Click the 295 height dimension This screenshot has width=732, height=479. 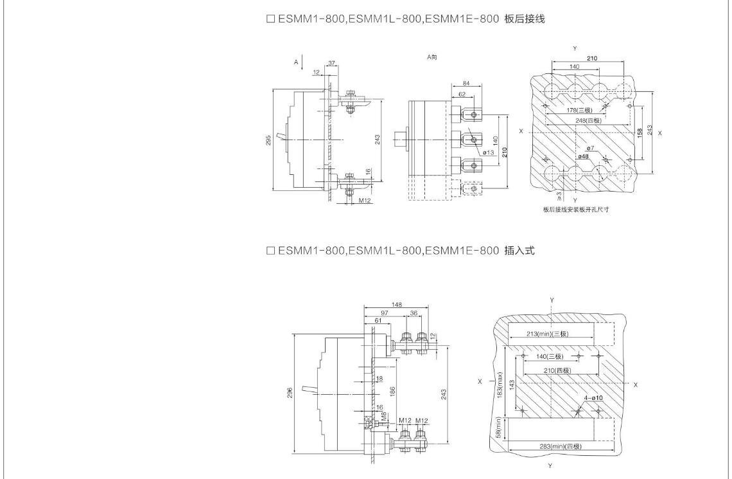pyautogui.click(x=268, y=140)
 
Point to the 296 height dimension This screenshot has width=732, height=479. pyautogui.click(x=290, y=392)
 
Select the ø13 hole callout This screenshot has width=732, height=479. pyautogui.click(x=488, y=152)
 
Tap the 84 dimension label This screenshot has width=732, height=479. pyautogui.click(x=466, y=84)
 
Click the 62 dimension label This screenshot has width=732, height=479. pyautogui.click(x=462, y=94)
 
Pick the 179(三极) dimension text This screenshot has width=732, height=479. pyautogui.click(x=579, y=111)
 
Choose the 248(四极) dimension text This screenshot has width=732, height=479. pyautogui.click(x=588, y=121)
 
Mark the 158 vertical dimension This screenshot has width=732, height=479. pyautogui.click(x=640, y=132)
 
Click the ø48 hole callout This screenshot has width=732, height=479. pyautogui.click(x=583, y=156)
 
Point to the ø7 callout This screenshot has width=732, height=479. pyautogui.click(x=591, y=149)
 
